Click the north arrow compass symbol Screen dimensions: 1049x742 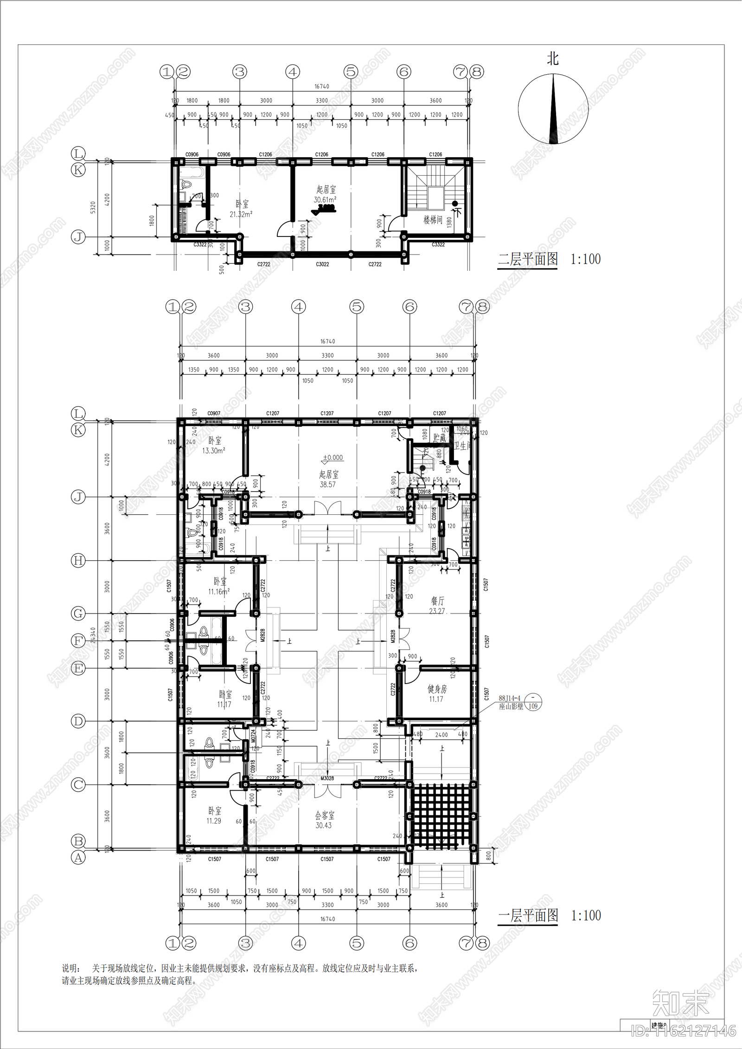click(553, 109)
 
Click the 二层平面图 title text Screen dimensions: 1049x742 click(528, 259)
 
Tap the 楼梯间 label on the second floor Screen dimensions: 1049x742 click(433, 220)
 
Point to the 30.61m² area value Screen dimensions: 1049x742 click(325, 200)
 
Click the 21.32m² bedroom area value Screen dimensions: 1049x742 click(241, 214)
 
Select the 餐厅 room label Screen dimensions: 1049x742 click(437, 601)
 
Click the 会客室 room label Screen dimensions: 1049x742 click(325, 815)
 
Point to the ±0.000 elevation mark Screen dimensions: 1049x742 click(333, 458)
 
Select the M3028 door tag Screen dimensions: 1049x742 click(327, 779)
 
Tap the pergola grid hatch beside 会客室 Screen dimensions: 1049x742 click(441, 817)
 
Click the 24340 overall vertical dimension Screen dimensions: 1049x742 click(93, 635)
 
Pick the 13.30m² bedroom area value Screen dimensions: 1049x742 click(214, 450)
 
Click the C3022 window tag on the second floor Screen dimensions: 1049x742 click(322, 264)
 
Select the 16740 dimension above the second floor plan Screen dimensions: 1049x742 click(321, 86)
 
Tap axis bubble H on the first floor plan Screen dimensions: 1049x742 click(78, 560)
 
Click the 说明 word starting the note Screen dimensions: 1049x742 click(70, 969)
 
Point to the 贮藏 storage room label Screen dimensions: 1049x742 click(439, 437)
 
